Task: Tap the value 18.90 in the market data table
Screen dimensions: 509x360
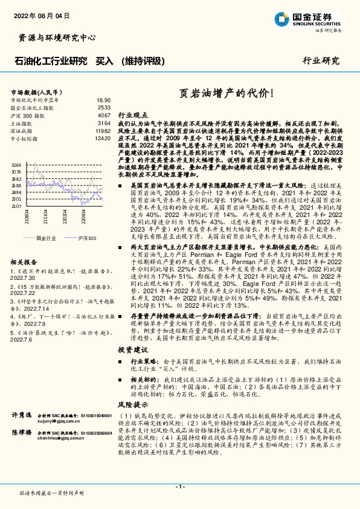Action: pos(103,100)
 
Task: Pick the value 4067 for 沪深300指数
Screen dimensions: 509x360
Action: pos(104,115)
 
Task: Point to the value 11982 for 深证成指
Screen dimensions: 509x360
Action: pos(103,131)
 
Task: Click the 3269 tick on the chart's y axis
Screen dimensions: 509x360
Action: pos(16,165)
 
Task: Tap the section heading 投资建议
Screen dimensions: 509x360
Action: pos(132,349)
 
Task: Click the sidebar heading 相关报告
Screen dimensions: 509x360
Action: pos(25,262)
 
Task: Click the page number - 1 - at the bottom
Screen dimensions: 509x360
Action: pos(179,487)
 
